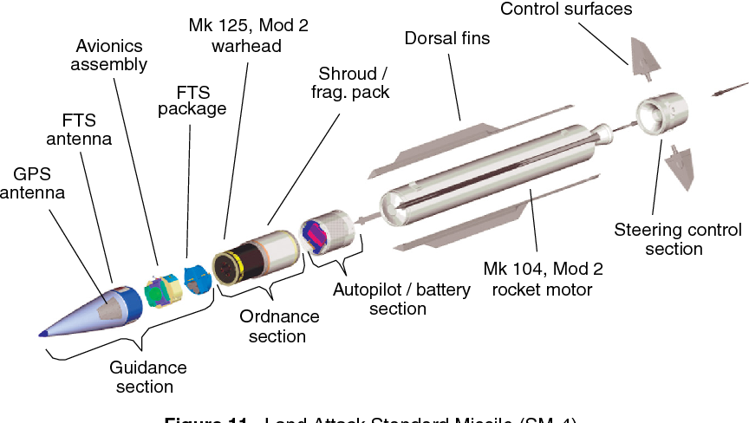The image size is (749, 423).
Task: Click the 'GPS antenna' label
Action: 32,181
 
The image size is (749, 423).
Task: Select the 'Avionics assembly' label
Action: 109,55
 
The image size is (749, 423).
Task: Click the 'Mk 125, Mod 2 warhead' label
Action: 247,36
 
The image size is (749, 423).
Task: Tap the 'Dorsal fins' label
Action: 446,37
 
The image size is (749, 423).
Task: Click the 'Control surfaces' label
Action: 566,10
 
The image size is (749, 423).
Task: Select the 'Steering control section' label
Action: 677,239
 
